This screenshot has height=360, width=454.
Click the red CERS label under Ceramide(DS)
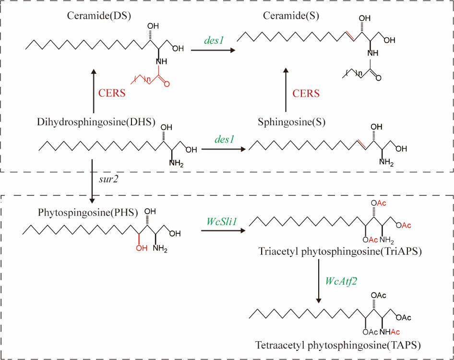111,93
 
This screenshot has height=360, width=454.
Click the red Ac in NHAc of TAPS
393,332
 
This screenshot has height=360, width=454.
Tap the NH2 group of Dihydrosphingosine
175,166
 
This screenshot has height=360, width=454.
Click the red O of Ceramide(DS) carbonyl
167,84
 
